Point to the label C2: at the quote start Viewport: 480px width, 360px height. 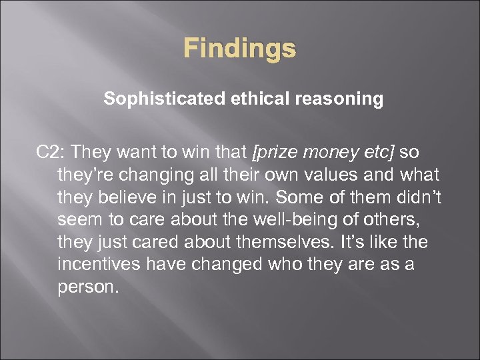coord(51,153)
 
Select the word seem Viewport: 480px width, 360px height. coord(77,220)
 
